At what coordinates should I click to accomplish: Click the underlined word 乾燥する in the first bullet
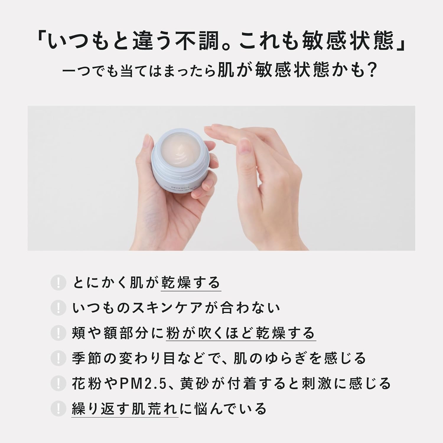point(191,283)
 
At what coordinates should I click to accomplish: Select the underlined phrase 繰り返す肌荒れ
point(125,409)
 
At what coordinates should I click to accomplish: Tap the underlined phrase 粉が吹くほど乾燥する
point(241,333)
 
